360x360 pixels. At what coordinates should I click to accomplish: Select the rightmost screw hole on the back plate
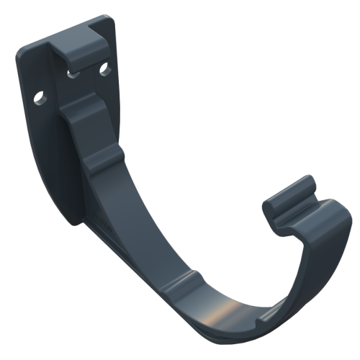tap(103, 70)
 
